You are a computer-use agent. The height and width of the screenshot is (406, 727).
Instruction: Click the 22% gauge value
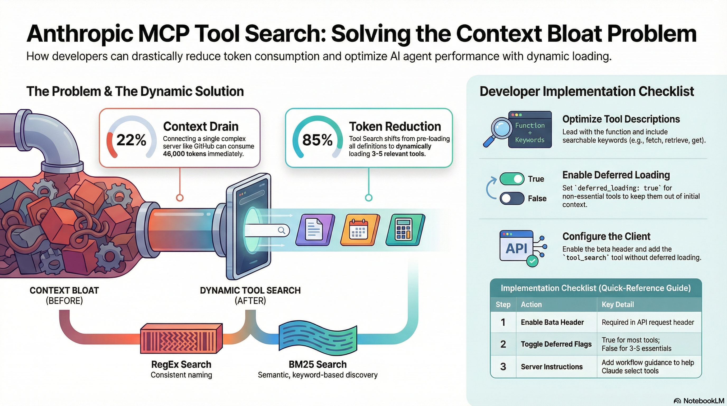(131, 140)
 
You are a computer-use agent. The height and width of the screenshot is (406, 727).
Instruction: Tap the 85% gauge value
(317, 140)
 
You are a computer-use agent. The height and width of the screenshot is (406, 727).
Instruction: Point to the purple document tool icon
(315, 229)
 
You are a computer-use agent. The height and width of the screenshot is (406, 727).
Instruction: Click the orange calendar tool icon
(360, 229)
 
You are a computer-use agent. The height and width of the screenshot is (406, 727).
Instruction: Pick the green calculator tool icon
(405, 229)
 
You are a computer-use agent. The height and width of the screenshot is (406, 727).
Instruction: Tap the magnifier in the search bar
(281, 230)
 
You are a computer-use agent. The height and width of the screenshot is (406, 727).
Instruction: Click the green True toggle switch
(512, 179)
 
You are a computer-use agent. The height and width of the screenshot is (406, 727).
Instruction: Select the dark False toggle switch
(512, 198)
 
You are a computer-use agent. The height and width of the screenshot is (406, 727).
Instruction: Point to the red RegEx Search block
(181, 338)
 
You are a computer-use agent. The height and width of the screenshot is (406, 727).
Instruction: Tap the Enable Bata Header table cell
(552, 322)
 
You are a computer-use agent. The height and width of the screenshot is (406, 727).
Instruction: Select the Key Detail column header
(618, 304)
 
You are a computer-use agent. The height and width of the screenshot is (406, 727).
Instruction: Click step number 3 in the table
(503, 366)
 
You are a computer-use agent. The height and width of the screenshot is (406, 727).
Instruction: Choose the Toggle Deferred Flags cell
(556, 344)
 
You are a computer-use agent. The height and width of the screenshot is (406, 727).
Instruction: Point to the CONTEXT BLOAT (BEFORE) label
(64, 295)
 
